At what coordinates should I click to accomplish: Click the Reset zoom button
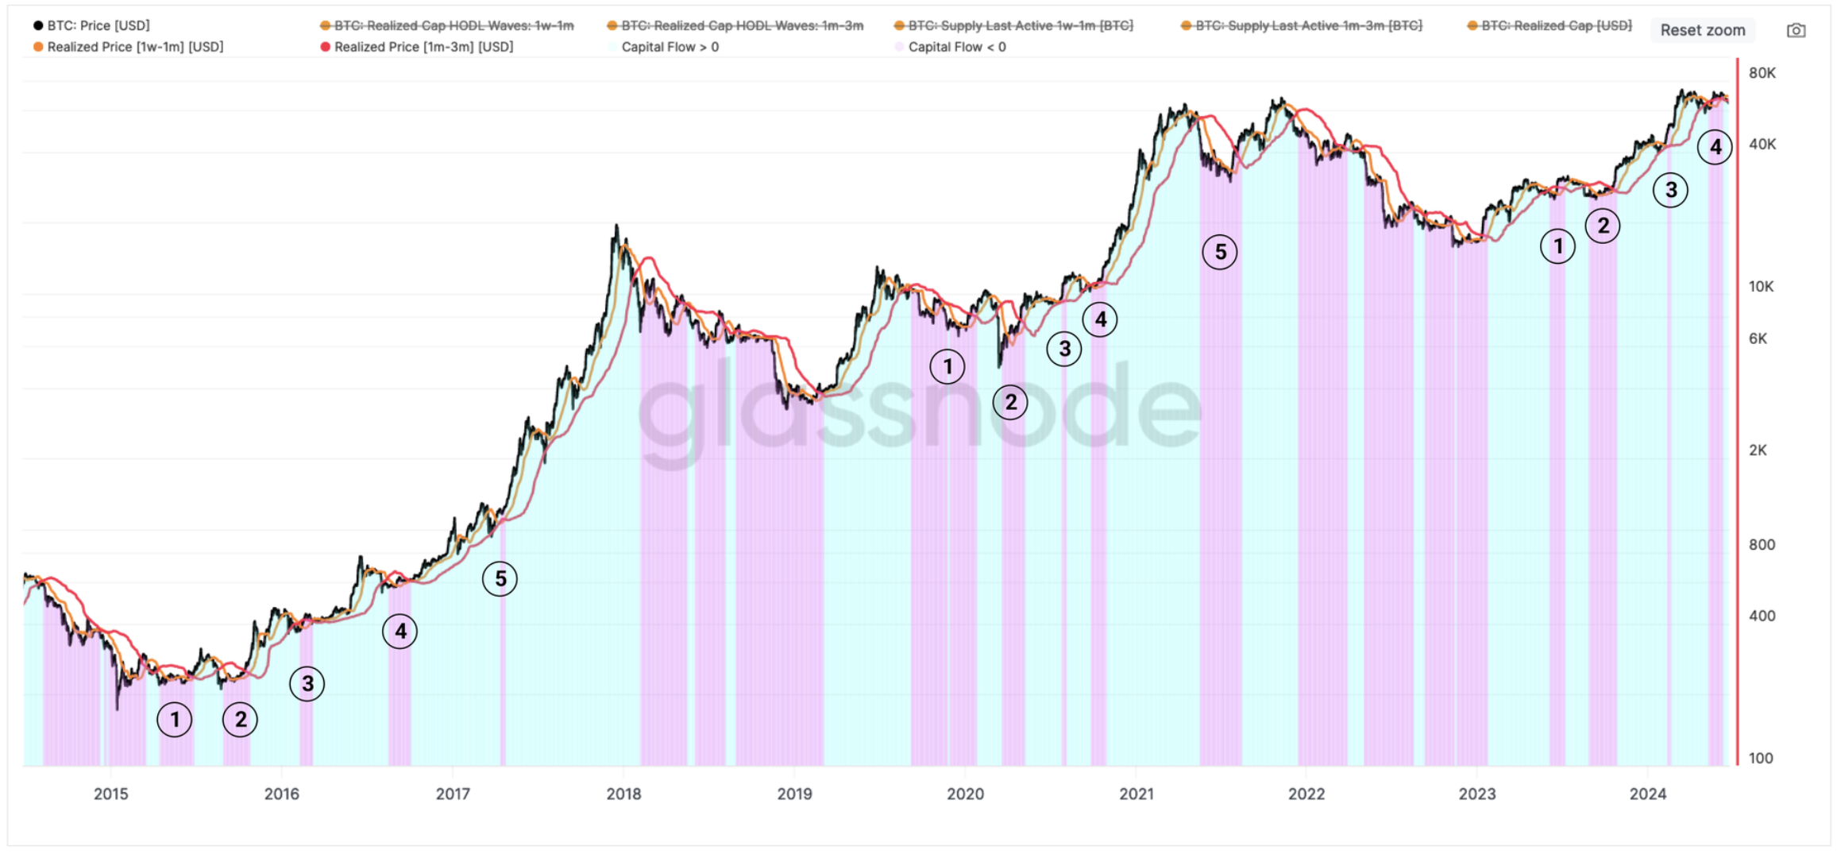[1702, 30]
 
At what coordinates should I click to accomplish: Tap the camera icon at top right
[1796, 30]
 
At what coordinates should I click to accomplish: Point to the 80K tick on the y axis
[1762, 73]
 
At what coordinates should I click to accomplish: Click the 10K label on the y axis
[1761, 287]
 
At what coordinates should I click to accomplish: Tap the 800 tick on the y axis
[1762, 545]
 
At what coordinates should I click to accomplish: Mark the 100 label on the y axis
[1760, 758]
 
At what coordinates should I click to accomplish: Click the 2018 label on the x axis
[623, 794]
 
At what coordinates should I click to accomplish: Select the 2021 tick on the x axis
[1136, 794]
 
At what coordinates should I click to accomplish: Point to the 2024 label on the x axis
[1648, 794]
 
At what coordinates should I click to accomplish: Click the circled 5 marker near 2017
[500, 578]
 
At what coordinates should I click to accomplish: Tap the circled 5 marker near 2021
[1220, 252]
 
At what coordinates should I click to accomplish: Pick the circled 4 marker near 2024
[1715, 147]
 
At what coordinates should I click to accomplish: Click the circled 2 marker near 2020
[1010, 402]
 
